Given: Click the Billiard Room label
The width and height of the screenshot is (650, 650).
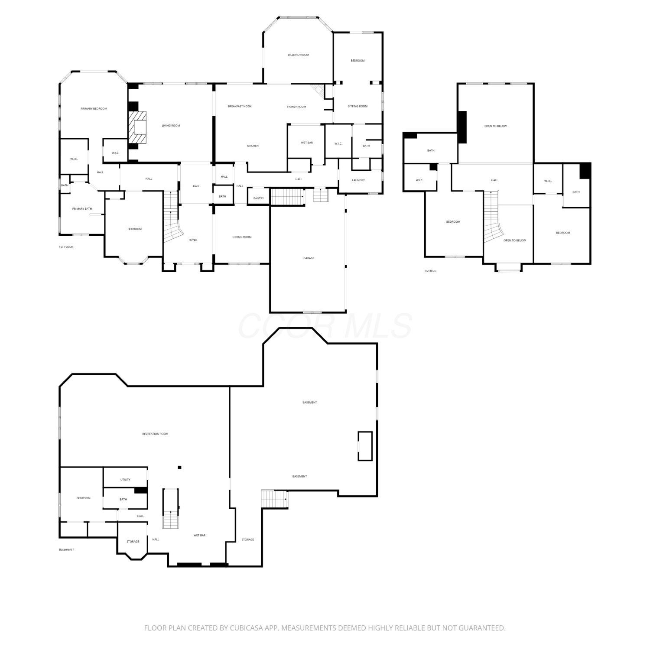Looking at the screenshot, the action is point(298,55).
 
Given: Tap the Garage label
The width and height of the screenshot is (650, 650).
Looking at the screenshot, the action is point(309,258).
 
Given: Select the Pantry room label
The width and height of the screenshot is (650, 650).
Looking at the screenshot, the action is point(259,198).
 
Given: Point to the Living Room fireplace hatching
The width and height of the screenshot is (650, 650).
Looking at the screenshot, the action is point(137,127).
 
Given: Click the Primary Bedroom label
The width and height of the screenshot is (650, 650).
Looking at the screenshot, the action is point(94,109).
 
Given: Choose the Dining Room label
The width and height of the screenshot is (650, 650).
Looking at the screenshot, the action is point(242,237).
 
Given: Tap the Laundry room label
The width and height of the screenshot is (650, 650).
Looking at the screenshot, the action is point(358,180).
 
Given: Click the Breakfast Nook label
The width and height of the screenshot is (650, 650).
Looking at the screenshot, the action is point(240,107).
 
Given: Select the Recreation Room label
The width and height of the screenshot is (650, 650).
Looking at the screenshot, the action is point(155,434).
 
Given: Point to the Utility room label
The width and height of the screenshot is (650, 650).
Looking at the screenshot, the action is point(125,480).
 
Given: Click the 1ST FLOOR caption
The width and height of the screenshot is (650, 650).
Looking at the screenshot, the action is point(66,247).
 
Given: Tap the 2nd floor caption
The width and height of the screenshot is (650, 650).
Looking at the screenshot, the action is point(430,271).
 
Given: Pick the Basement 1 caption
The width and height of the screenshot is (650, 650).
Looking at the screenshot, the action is point(67,550).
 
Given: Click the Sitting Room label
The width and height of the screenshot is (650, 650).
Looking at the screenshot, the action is point(357,107).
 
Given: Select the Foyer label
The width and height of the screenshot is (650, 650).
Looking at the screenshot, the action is point(193,240).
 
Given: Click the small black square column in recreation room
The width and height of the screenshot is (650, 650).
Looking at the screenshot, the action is point(179,467).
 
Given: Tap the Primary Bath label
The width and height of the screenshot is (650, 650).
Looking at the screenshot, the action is point(82,209).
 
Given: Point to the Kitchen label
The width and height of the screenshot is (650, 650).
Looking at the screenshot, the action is point(253,146).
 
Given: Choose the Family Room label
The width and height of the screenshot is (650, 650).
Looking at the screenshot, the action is point(296,107).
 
